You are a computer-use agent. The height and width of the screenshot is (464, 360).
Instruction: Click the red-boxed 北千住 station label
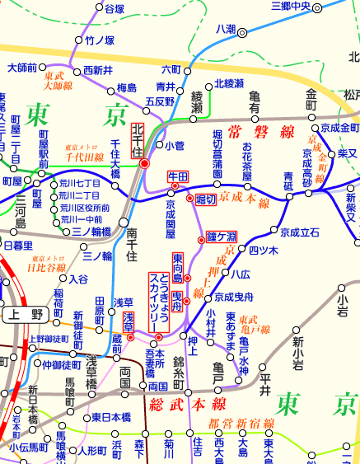click(138, 141)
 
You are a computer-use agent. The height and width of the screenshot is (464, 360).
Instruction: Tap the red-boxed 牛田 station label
click(179, 176)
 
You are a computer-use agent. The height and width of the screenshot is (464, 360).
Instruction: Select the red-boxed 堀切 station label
click(206, 199)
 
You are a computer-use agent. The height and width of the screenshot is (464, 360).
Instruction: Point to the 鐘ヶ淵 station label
click(222, 237)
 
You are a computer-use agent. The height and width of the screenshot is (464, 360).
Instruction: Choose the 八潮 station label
click(225, 29)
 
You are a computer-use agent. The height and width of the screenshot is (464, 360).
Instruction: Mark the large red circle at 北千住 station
click(145, 163)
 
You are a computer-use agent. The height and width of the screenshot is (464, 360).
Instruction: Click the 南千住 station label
click(131, 245)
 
